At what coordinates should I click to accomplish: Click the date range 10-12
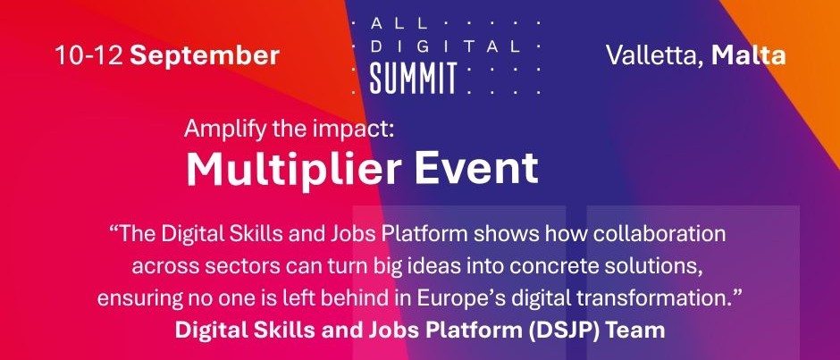click(89, 55)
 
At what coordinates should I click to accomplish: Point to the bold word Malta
click(748, 55)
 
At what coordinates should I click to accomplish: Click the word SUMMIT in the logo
click(413, 79)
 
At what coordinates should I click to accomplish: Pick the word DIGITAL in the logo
click(445, 46)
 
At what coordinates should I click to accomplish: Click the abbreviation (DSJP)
click(559, 330)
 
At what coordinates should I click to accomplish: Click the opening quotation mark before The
click(113, 230)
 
